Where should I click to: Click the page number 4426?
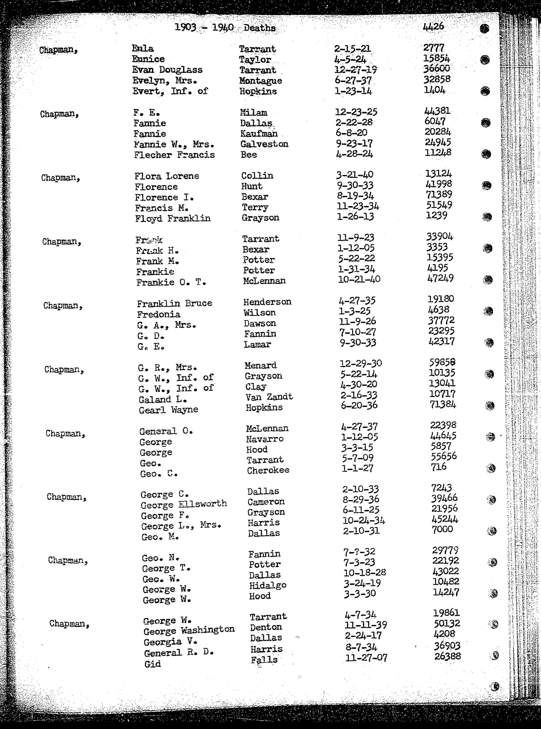coord(433,26)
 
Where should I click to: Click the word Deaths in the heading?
coord(259,28)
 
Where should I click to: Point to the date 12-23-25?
coord(356,112)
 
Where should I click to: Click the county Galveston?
coord(264,144)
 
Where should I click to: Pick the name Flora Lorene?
coord(166,176)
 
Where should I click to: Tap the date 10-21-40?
coord(359,279)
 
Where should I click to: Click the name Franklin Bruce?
coord(174,303)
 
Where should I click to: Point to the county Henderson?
coord(267,302)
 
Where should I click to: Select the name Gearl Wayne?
coord(168,410)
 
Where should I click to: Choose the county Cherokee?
coord(268,470)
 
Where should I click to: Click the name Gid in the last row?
coord(152,664)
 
